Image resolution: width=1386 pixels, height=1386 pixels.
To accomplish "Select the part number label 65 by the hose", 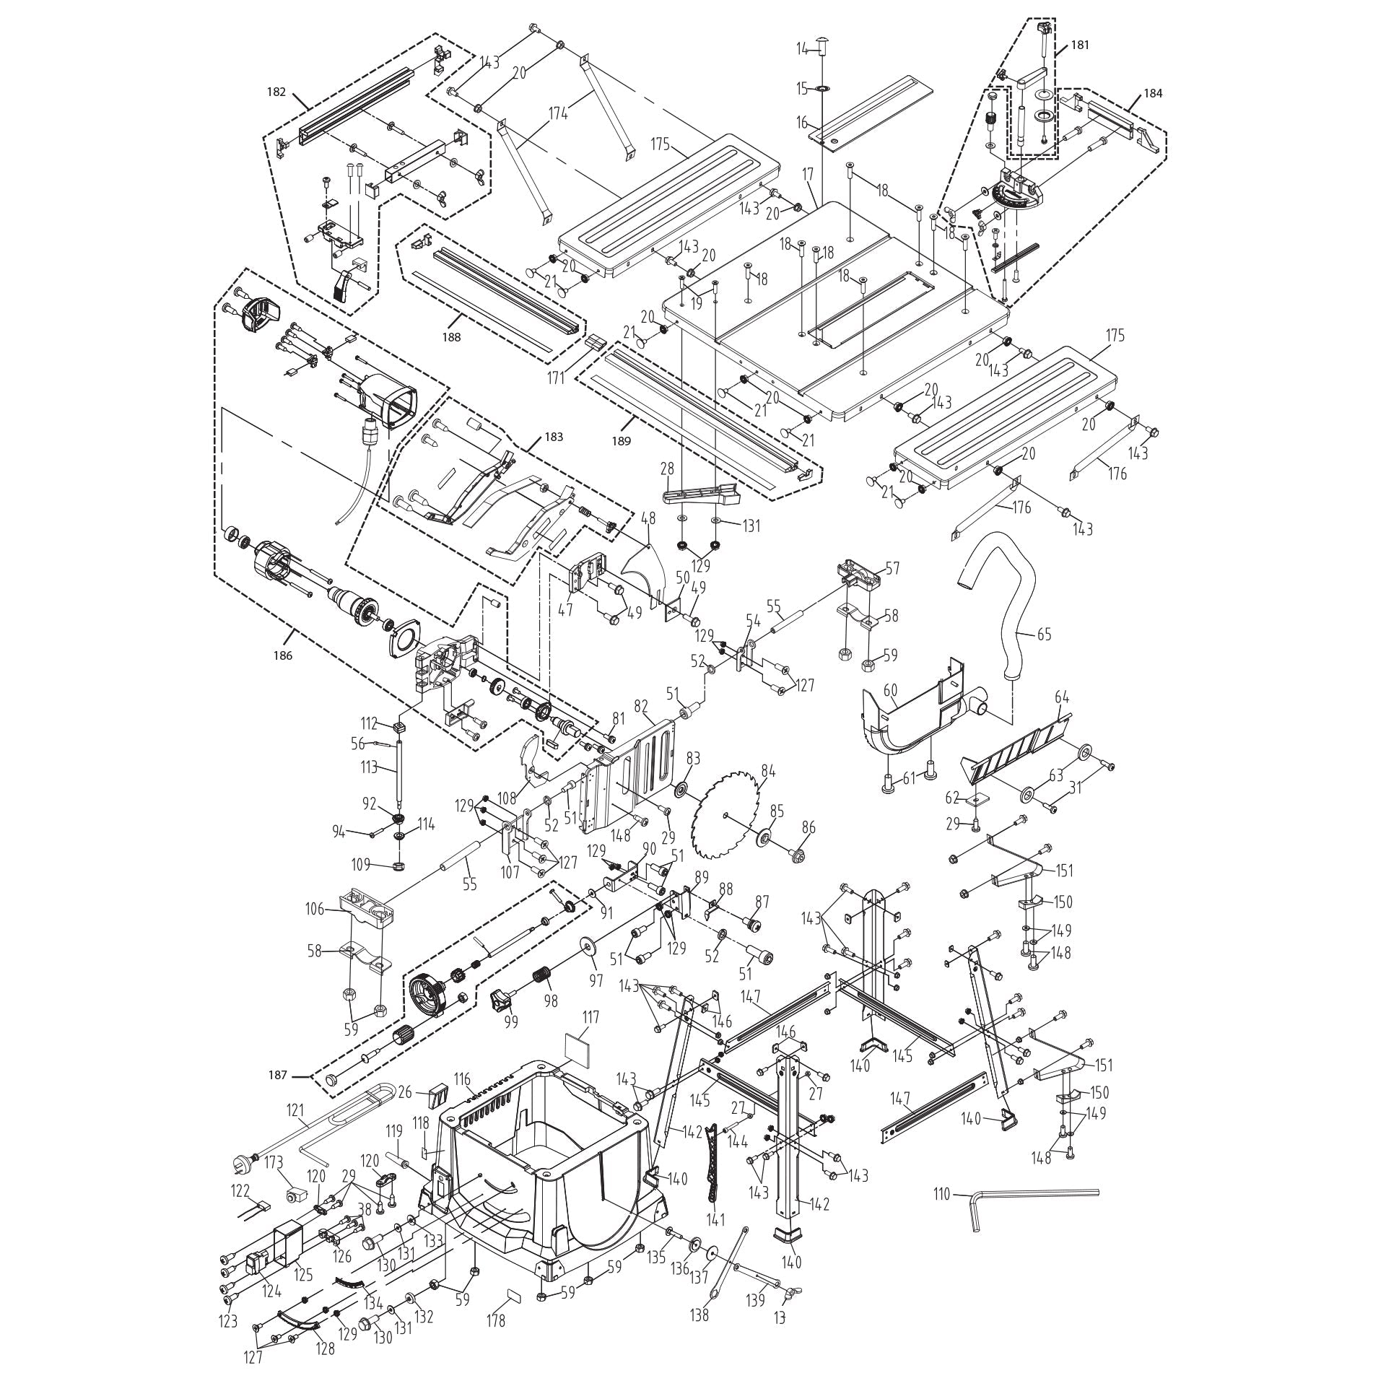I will pos(1043,635).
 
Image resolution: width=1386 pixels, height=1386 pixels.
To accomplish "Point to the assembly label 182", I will pos(276,92).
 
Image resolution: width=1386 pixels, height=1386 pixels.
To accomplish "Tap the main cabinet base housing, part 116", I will pos(549,1177).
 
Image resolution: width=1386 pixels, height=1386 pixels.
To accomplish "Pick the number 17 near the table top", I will pos(807,174).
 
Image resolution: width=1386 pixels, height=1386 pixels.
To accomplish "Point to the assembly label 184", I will pos(1153,93).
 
